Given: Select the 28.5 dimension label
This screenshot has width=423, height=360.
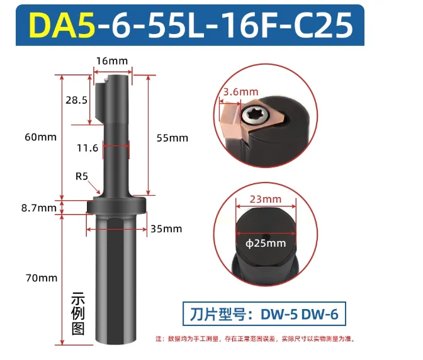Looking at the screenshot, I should pos(76,100).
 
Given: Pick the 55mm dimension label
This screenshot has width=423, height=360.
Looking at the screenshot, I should pos(173,137).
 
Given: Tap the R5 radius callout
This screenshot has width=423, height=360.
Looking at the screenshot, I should pos(82,176).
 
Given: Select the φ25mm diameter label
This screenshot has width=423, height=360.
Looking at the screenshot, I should pos(265,243).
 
